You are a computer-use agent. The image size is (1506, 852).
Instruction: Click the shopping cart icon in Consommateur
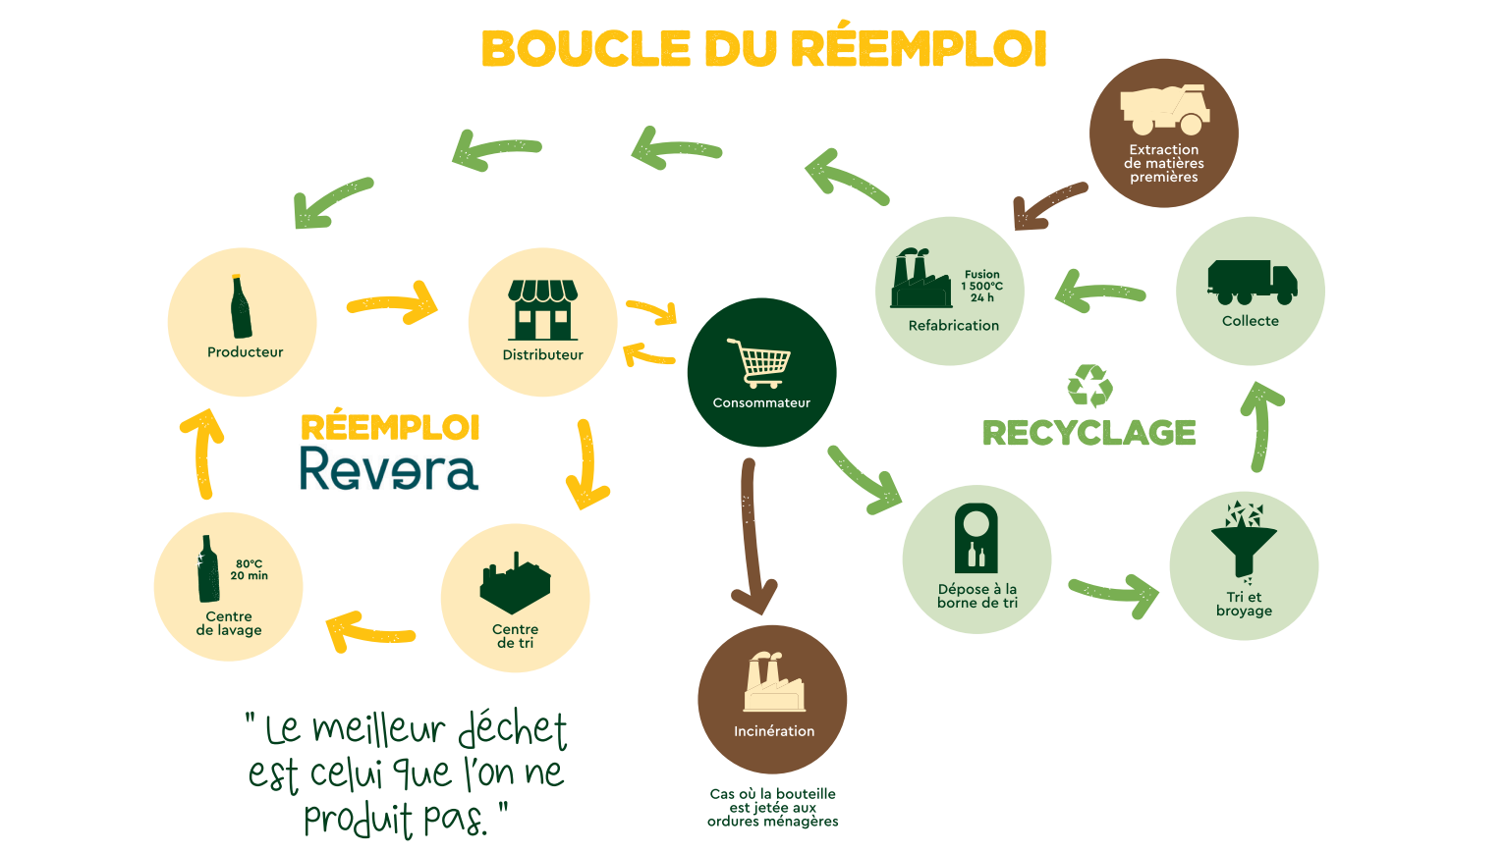click(759, 363)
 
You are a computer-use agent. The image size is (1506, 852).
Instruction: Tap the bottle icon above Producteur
click(241, 306)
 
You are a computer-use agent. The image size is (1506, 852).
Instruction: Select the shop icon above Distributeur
click(542, 309)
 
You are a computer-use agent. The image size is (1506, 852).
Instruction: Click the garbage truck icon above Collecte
click(1252, 283)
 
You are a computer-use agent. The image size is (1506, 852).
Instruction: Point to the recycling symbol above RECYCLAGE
click(1089, 386)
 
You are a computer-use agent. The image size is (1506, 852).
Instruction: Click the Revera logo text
click(389, 469)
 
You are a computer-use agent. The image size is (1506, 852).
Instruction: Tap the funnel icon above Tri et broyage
click(1244, 541)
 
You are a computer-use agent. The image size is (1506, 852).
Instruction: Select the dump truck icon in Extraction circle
click(1165, 109)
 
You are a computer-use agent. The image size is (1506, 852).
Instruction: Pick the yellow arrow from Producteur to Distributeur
click(393, 303)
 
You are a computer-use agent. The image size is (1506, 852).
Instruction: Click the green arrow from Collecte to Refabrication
click(1099, 292)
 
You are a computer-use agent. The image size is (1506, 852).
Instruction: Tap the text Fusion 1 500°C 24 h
click(981, 286)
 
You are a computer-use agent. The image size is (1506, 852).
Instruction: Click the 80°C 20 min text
click(250, 569)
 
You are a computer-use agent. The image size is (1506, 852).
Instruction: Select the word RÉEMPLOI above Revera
click(390, 428)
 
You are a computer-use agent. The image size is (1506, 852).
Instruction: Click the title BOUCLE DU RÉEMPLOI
click(763, 49)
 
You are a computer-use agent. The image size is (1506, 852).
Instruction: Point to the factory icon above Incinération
click(773, 681)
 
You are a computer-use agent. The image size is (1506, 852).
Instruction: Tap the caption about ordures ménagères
click(772, 807)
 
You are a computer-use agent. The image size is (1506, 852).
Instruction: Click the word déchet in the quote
click(512, 728)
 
